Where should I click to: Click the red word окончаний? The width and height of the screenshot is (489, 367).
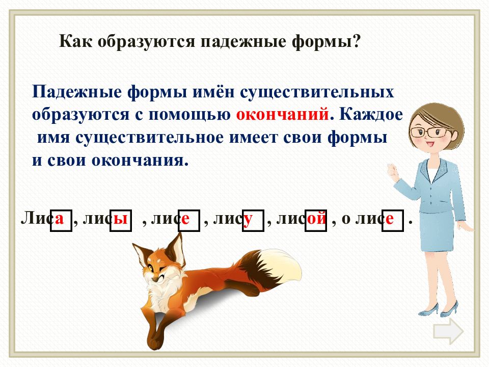click(x=282, y=115)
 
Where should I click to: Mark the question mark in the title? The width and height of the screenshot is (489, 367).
click(x=356, y=41)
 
